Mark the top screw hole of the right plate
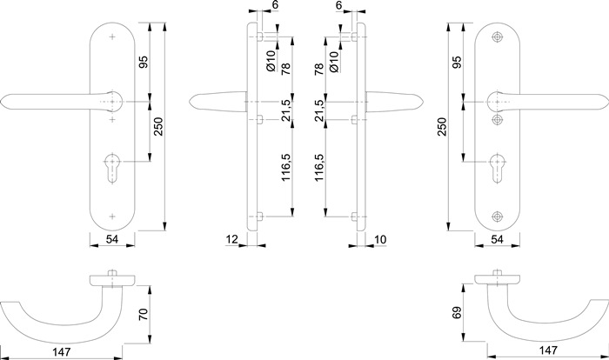coord(498,37)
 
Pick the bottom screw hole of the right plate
coord(498,217)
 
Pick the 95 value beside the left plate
coord(142,63)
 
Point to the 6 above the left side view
coord(275,6)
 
